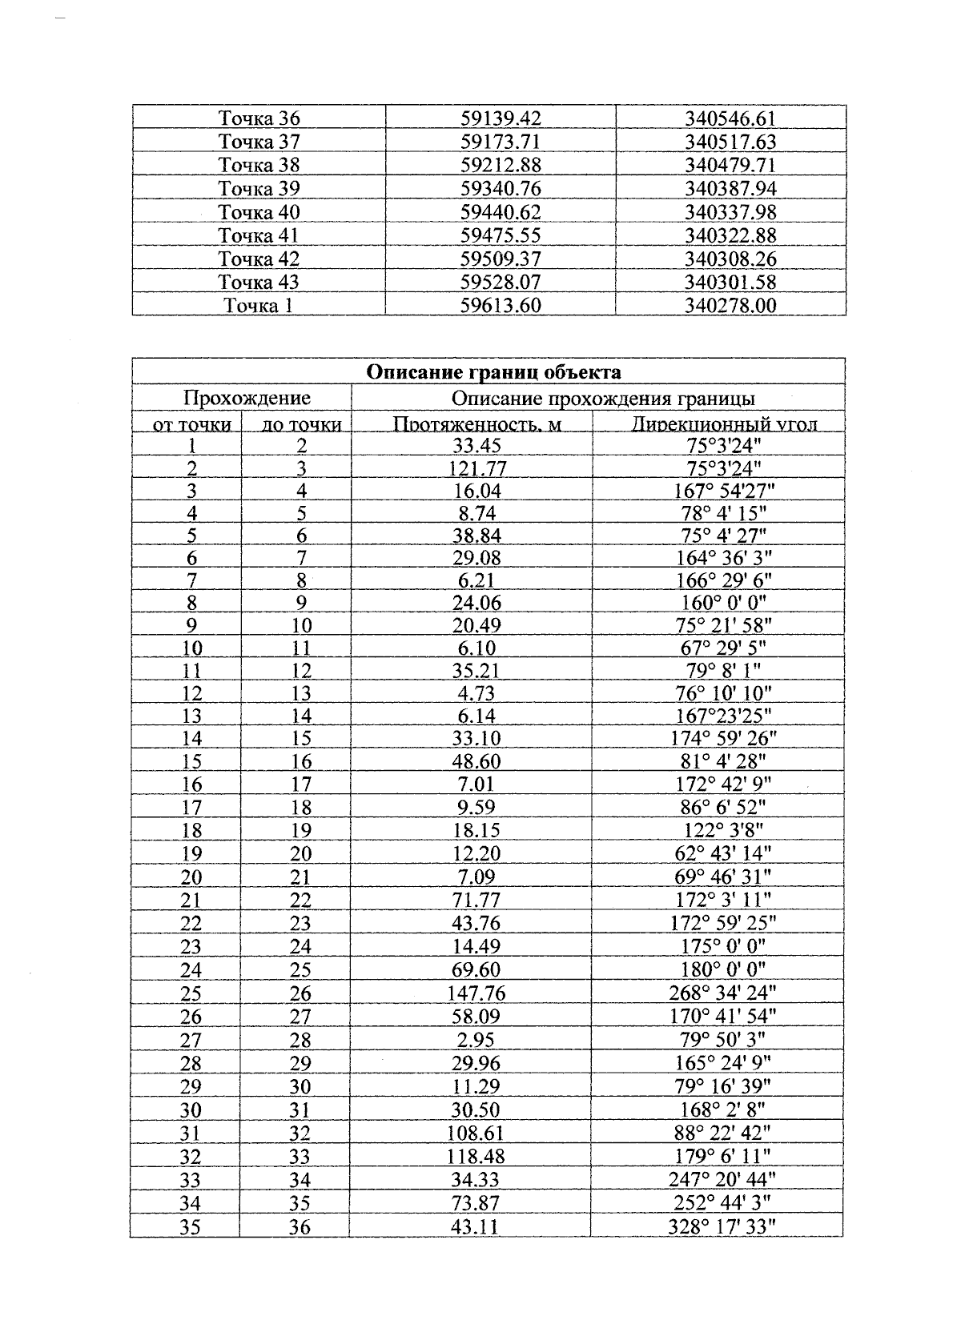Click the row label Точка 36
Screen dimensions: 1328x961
coord(259,118)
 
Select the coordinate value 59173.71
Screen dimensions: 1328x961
coord(501,142)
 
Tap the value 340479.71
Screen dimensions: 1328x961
coord(730,166)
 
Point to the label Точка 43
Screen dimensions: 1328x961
coord(259,282)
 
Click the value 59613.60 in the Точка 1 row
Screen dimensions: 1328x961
coord(501,305)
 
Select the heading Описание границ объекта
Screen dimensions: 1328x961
coord(493,371)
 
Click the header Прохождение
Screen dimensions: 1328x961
coord(247,398)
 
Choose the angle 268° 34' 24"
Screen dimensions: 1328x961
coord(722,993)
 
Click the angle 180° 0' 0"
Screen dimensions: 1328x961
coord(723,969)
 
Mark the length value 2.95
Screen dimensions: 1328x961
coord(476,1040)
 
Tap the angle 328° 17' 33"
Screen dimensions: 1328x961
coord(722,1226)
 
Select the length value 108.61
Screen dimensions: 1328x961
coord(476,1133)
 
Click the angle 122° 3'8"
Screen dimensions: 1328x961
coord(723,830)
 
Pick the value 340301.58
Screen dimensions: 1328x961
coord(730,282)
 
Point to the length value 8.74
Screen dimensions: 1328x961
coord(476,513)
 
